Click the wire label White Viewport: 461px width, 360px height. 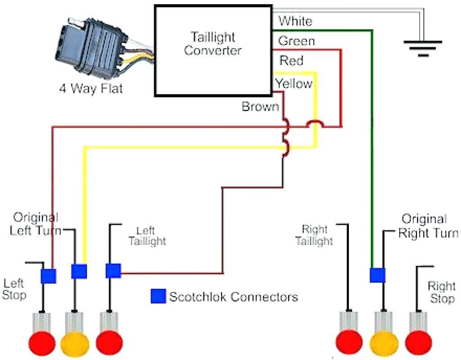coord(295,21)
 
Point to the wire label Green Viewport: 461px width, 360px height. coord(296,41)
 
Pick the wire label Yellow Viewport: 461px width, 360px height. coord(294,83)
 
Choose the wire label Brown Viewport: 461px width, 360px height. coord(260,107)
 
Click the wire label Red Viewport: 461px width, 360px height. coord(291,60)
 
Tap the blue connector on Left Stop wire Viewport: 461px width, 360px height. coord(48,275)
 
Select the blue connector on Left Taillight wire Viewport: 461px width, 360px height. coord(113,271)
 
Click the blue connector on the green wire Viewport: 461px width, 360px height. coord(377,274)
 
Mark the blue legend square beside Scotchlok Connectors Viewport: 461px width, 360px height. coord(158,296)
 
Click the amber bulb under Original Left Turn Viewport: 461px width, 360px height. coord(75,343)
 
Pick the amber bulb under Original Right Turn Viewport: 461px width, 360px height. coord(384,343)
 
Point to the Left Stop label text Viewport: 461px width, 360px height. coord(15,289)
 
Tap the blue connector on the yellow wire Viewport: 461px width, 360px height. coord(79,271)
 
